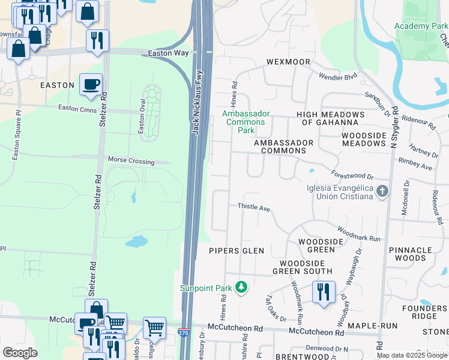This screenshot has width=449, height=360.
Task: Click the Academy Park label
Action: coord(421,26)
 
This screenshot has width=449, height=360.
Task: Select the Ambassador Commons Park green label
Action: coord(246,122)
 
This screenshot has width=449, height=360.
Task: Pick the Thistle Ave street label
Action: coord(255,207)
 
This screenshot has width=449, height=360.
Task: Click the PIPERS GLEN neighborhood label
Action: coord(237,251)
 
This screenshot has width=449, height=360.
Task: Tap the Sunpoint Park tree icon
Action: coord(241,288)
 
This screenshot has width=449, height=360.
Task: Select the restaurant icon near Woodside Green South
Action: coord(323,292)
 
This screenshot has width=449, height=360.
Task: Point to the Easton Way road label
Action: coord(168,53)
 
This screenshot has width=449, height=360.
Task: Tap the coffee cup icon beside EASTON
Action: coord(91,85)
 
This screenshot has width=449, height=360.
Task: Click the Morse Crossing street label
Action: coord(131,161)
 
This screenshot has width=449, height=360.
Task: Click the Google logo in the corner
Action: coord(20,352)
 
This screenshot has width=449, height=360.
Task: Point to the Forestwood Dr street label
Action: coord(352,175)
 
